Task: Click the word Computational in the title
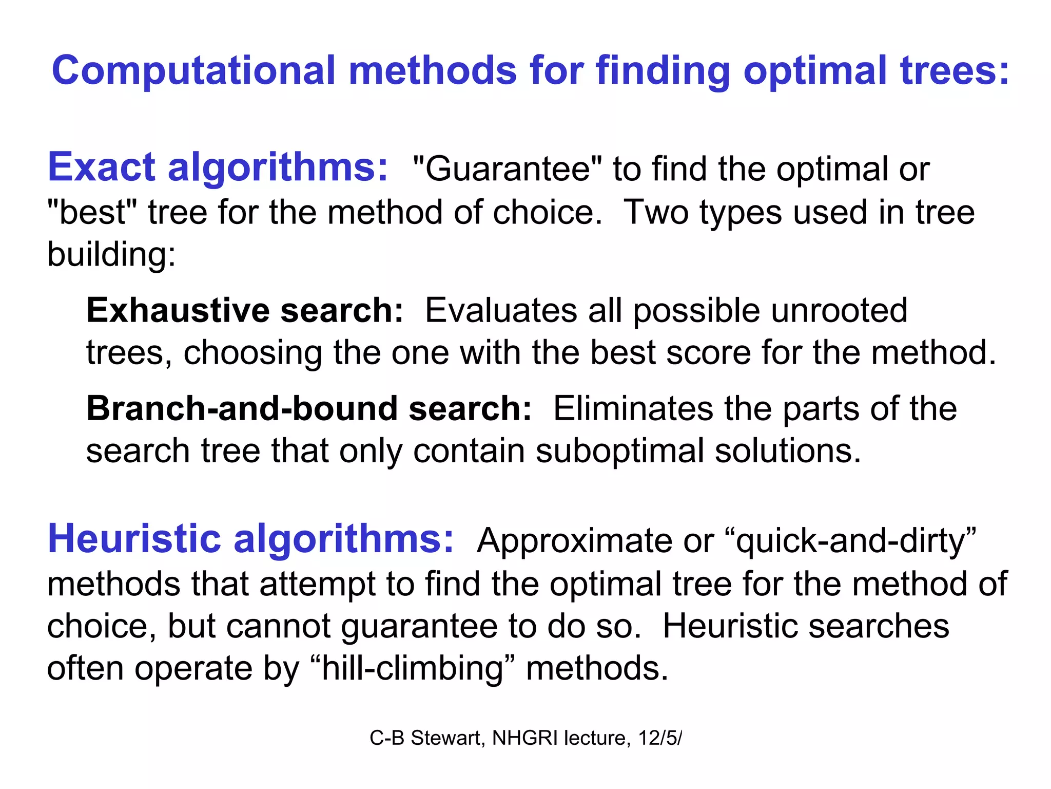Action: click(193, 71)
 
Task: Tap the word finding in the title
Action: click(663, 71)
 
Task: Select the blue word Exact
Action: click(101, 167)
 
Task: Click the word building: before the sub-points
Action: click(111, 255)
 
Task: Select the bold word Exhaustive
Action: click(178, 311)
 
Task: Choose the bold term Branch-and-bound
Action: click(242, 409)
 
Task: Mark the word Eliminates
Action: click(633, 409)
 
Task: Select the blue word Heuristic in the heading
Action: click(134, 539)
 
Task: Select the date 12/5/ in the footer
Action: click(660, 738)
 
